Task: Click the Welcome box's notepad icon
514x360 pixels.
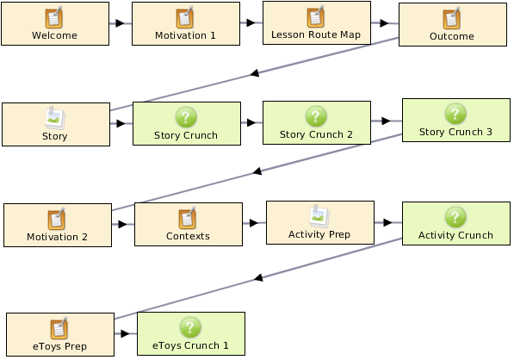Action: [x=54, y=18]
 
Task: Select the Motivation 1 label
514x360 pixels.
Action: [x=185, y=35]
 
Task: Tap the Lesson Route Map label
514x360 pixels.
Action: [x=316, y=34]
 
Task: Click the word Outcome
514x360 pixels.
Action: [x=452, y=36]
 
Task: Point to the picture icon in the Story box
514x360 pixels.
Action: [x=55, y=118]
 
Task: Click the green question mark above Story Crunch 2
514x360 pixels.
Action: [x=316, y=116]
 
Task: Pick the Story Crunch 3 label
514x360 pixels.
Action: [x=455, y=132]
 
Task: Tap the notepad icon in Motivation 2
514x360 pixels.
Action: [x=56, y=219]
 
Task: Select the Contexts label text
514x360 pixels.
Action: [x=188, y=236]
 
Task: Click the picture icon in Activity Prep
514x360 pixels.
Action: [x=319, y=216]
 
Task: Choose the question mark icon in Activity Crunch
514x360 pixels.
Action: [x=455, y=217]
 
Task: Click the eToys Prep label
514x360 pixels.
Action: [x=59, y=346]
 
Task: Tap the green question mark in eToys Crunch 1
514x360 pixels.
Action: [x=190, y=327]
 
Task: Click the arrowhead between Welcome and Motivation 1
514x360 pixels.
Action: [x=120, y=23]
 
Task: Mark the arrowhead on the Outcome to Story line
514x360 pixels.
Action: [x=255, y=73]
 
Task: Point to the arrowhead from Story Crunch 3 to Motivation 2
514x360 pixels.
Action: [x=257, y=171]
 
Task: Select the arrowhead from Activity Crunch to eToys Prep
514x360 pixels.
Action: [x=258, y=277]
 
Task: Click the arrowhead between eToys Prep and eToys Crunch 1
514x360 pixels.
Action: [x=125, y=334]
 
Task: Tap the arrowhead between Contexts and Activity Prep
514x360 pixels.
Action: [x=254, y=223]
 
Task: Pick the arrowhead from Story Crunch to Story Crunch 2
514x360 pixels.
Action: [x=251, y=122]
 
